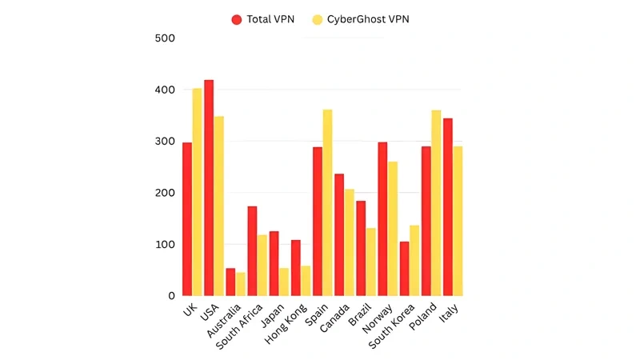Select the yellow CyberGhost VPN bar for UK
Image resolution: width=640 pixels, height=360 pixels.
[197, 192]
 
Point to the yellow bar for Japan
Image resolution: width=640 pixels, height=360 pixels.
[283, 282]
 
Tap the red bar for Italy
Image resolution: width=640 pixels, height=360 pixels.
[448, 207]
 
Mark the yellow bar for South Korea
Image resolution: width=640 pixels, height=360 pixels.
[414, 261]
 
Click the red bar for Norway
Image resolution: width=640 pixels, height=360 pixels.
[382, 219]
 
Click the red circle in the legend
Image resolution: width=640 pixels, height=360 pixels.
[237, 19]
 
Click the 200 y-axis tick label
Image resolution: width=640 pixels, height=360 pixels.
[164, 193]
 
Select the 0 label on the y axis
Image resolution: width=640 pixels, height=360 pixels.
[170, 296]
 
